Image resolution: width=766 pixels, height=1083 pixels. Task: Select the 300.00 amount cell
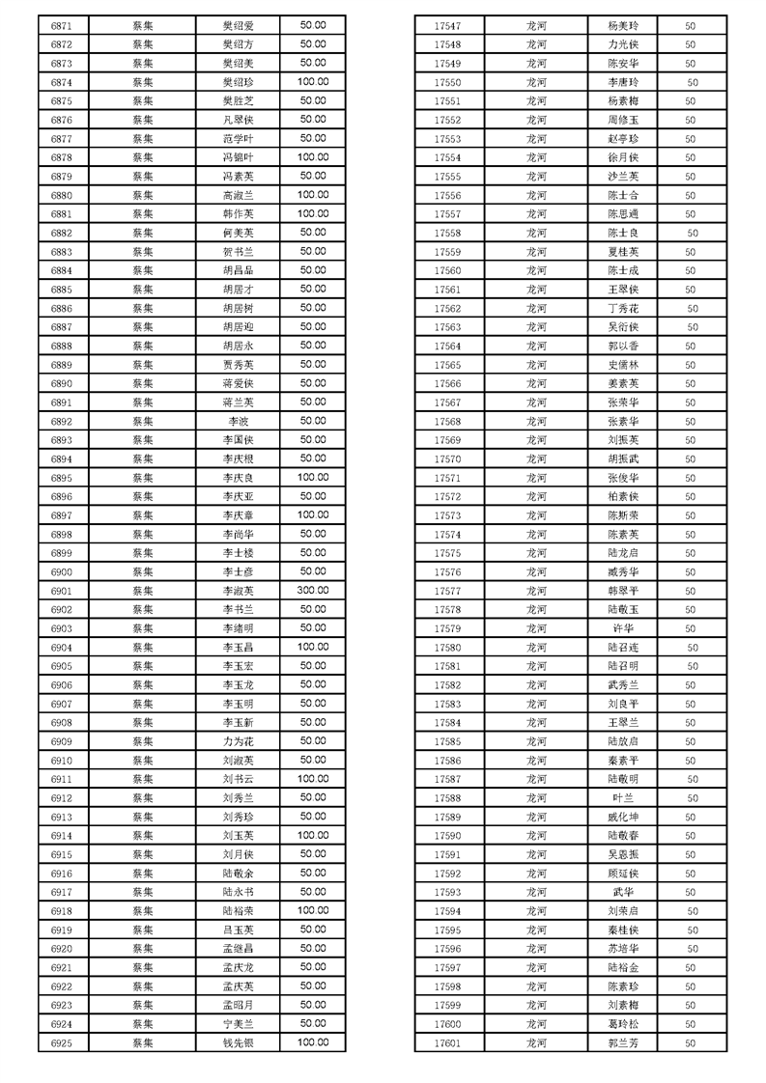coord(312,591)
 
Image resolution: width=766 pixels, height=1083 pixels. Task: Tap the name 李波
coord(238,421)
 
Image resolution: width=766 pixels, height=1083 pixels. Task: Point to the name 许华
coord(623,628)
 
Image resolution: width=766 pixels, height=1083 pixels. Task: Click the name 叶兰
coord(623,798)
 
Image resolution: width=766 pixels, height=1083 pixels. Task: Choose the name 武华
coord(623,892)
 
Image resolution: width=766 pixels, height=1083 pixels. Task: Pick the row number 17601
coord(447,1042)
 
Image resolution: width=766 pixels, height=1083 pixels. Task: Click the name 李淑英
coord(238,591)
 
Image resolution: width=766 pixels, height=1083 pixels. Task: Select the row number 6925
coord(62,1042)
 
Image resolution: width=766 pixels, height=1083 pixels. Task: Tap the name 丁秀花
coord(623,309)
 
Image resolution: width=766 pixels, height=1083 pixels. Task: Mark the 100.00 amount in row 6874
coord(312,82)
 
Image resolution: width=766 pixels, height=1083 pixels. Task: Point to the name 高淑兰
coord(238,195)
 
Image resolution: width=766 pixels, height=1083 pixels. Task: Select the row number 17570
coord(447,459)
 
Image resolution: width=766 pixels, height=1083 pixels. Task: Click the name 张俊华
coord(623,478)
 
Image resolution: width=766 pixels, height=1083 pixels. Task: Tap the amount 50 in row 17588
coord(692,798)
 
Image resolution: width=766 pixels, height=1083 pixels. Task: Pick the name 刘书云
coord(238,779)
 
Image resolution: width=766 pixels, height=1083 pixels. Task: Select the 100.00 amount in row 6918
coord(312,910)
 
